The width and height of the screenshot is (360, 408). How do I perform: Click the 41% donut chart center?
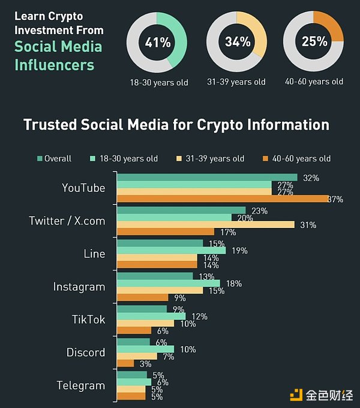coord(157,43)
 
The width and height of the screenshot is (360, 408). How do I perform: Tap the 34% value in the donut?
coord(236,43)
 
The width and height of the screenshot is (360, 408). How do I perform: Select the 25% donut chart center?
coord(313,41)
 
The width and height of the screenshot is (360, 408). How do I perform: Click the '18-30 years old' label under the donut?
coord(159,82)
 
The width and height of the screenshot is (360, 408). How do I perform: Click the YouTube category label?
coord(83,188)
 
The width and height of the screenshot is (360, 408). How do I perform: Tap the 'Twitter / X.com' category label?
coord(67,221)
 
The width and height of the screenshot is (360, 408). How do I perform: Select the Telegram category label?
coord(81,385)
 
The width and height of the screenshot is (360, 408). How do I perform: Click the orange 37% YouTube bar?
coord(222,199)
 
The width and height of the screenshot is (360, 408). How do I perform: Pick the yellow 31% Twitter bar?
coord(205,224)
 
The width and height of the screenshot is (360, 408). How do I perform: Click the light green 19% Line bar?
coord(171,250)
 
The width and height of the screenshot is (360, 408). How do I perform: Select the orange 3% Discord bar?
coord(125,363)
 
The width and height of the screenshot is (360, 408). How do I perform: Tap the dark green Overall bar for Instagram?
coord(155,276)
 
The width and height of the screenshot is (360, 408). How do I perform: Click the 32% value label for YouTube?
coord(311,178)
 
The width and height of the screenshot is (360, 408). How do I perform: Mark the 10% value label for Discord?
coord(188,349)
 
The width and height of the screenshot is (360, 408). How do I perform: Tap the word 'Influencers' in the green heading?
coord(55,64)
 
